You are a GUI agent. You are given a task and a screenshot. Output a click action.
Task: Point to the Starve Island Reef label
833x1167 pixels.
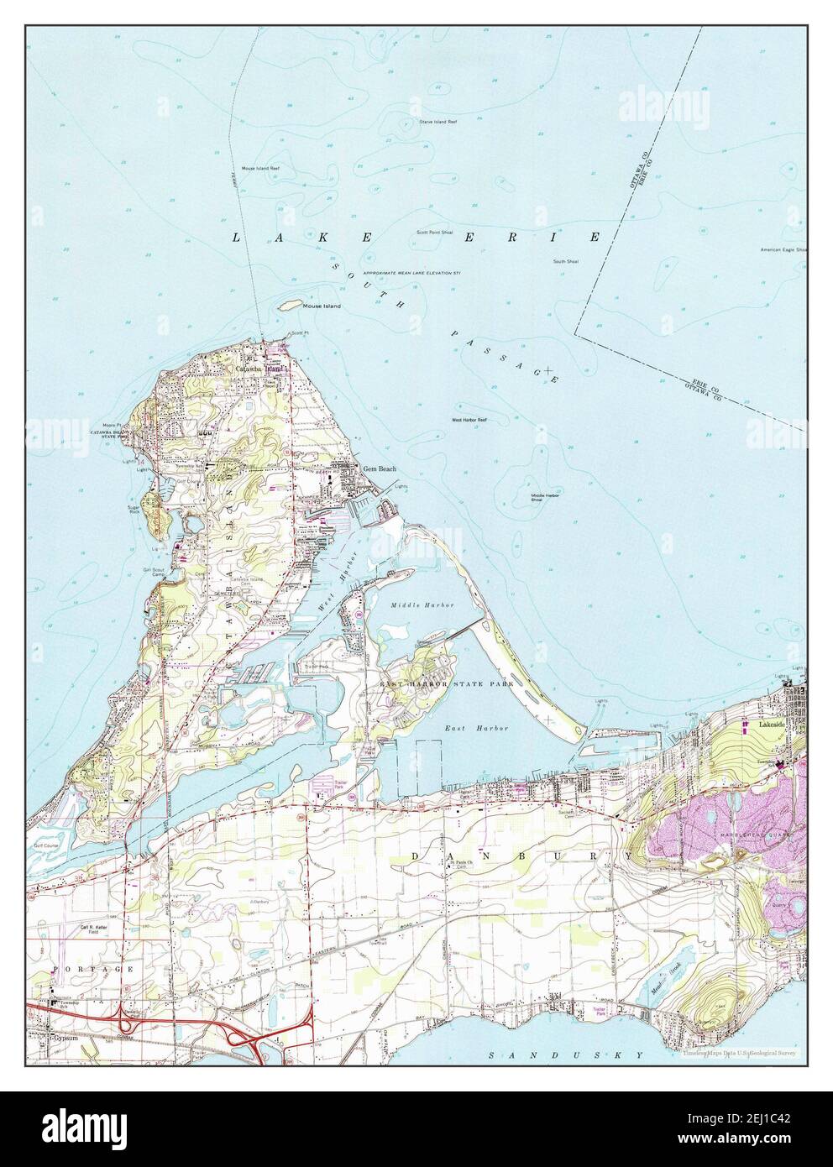(x=437, y=122)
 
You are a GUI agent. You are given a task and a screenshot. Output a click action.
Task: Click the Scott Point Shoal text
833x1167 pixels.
(x=434, y=233)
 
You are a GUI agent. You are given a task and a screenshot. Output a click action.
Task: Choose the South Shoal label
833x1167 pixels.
(x=565, y=262)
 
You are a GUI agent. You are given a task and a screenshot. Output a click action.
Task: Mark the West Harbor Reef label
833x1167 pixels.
(x=469, y=419)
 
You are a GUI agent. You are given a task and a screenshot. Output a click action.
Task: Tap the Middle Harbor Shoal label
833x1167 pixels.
(x=546, y=498)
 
